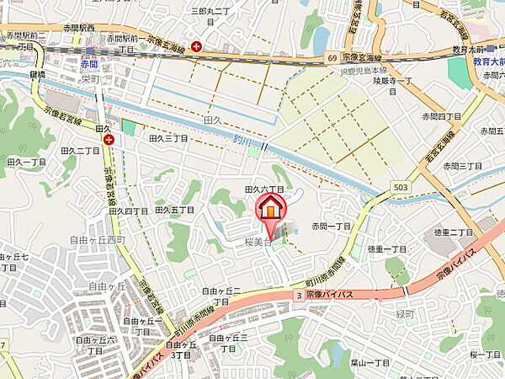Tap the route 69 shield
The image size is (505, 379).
pos(332,57)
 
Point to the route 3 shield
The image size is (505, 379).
pos(298,294)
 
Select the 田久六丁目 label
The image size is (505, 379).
pos(263,190)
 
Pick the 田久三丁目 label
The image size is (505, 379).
pos(167,137)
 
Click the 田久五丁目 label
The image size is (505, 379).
pos(174,209)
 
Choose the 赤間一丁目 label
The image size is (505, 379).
pos(331,227)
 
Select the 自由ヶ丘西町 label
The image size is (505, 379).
pos(98,240)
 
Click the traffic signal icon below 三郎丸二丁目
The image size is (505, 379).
pos(196,46)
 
